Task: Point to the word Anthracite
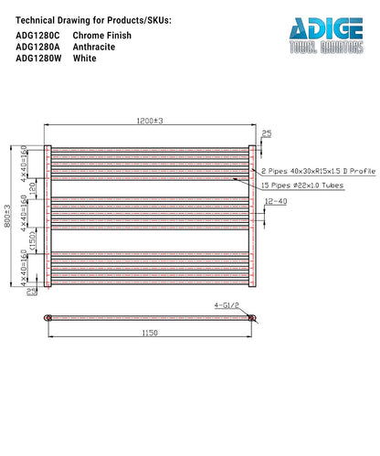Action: [94, 46]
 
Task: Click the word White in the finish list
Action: [84, 58]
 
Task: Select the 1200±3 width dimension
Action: [149, 121]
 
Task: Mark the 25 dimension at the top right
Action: [266, 134]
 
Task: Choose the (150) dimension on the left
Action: [32, 240]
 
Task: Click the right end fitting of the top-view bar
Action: [253, 318]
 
